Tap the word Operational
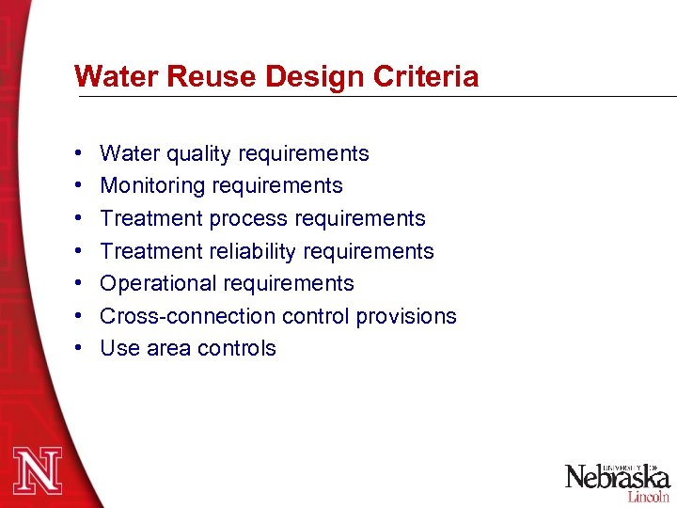[156, 283]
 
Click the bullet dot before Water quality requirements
[77, 153]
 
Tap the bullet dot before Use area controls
[77, 348]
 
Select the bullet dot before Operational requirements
[77, 283]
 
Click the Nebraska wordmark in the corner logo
[616, 477]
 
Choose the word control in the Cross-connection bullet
[316, 315]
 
